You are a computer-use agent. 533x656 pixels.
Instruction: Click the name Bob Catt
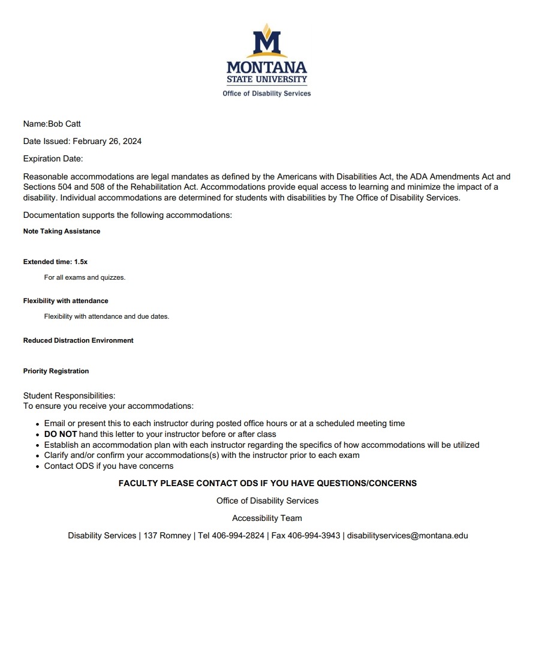click(64, 124)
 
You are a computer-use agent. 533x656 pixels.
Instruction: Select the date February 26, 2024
click(107, 142)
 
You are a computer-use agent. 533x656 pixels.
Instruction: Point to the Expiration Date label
click(53, 159)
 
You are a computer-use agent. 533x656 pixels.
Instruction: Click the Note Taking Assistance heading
click(62, 231)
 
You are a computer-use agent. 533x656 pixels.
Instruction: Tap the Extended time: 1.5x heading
click(55, 262)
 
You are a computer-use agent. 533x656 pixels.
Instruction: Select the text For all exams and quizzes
click(85, 277)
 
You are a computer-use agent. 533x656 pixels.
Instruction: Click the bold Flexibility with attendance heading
click(66, 301)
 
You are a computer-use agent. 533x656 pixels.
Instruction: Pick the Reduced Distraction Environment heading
click(78, 340)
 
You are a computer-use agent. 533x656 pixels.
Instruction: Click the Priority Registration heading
click(56, 371)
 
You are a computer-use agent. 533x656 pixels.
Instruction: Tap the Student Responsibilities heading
click(69, 396)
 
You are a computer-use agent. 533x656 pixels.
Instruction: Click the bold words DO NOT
click(61, 434)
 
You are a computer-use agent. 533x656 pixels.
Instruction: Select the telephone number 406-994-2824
click(238, 535)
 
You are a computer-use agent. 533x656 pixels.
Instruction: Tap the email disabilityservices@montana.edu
click(407, 535)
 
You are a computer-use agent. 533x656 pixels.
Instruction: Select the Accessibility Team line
click(267, 518)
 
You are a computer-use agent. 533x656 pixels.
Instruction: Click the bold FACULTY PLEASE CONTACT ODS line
click(267, 483)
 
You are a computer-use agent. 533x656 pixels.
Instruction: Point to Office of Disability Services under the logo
click(267, 94)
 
